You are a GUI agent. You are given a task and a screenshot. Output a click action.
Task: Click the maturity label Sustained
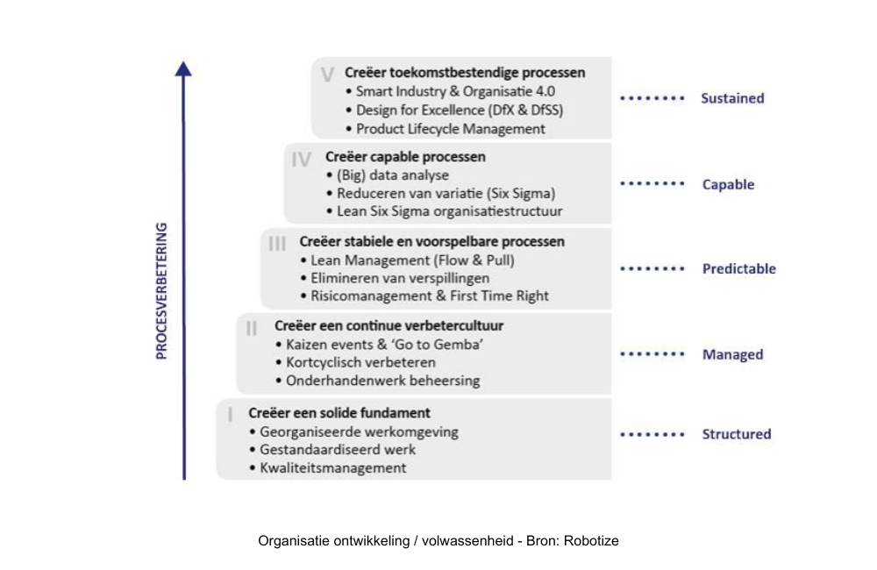[732, 98]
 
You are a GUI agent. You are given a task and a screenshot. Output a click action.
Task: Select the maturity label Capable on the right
[728, 185]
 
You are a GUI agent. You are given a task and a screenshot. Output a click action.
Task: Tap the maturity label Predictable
[738, 269]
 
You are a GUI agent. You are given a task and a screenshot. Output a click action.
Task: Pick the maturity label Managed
[732, 355]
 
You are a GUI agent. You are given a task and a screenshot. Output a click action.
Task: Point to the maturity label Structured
[736, 434]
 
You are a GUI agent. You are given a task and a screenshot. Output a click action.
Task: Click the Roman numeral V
[327, 74]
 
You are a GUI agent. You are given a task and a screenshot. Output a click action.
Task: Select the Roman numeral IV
[301, 159]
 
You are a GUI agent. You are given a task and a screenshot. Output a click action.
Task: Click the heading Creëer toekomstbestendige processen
[465, 73]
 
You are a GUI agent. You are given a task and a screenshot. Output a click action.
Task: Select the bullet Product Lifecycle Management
[450, 129]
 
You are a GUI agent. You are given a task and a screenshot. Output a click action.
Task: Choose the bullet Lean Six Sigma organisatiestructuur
[450, 211]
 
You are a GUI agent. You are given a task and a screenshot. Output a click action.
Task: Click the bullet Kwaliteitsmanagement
[332, 467]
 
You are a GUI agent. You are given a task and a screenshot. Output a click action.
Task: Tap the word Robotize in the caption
[592, 541]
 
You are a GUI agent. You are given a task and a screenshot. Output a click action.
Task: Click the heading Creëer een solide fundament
[339, 412]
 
